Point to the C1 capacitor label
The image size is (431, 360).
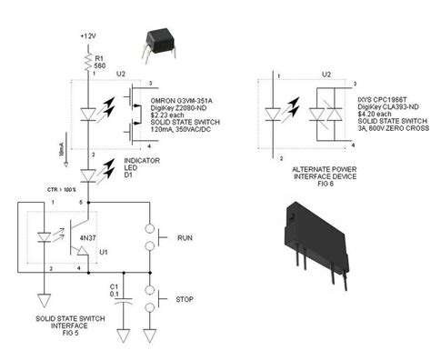[x=112, y=285]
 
